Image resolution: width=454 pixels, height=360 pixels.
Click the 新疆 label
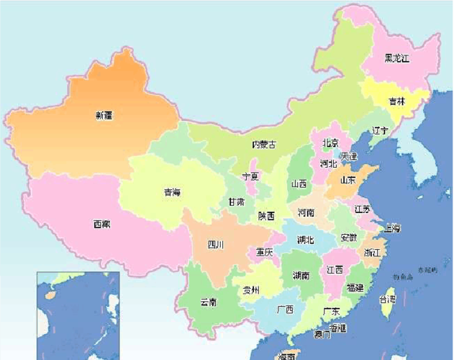(104, 114)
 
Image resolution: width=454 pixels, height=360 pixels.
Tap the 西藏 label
(101, 225)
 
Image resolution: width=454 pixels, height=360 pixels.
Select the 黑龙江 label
(396, 58)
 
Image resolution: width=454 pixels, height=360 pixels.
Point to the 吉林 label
(396, 102)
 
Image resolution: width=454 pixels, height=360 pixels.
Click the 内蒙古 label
(263, 145)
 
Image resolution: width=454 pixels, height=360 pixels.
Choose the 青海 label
(172, 192)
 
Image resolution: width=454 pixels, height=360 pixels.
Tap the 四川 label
(216, 245)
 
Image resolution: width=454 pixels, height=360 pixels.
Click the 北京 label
(330, 143)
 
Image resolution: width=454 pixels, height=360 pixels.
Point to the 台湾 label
(387, 299)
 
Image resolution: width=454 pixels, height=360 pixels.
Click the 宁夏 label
(250, 176)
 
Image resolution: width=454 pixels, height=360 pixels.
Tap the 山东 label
(348, 181)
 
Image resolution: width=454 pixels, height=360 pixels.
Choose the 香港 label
(338, 328)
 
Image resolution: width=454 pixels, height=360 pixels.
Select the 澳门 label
(322, 335)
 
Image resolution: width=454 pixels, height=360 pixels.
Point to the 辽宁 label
(380, 131)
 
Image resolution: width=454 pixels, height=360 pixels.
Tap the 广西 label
(284, 310)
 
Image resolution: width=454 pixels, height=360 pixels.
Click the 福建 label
(355, 287)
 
